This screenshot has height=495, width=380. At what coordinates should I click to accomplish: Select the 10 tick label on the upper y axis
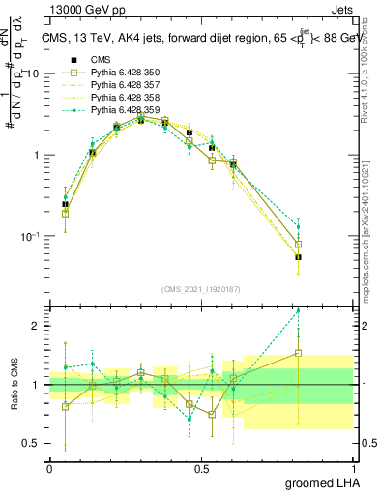coord(33,73)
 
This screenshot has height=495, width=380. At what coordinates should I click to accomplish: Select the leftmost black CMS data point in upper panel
coord(65,204)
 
